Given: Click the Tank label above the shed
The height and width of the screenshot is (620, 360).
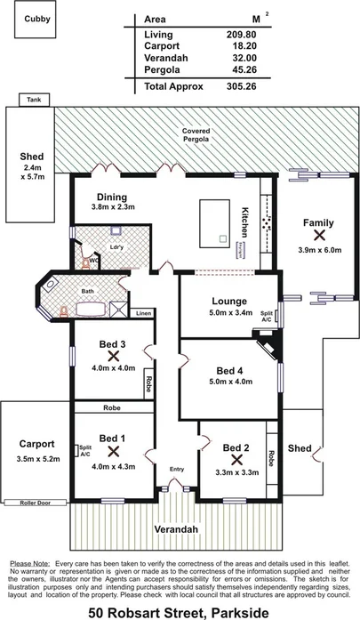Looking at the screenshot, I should click(x=34, y=100).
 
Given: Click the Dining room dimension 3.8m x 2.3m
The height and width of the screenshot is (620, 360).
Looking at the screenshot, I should click(x=112, y=208).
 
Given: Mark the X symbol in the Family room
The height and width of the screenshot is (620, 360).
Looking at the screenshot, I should click(x=318, y=236).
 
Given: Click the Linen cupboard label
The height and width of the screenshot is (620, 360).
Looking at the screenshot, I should click(x=144, y=314).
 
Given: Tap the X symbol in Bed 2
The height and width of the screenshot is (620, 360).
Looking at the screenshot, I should click(x=236, y=460).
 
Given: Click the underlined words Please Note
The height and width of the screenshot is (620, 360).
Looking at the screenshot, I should click(x=28, y=564).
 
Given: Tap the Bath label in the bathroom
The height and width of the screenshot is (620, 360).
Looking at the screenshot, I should click(x=87, y=290).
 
